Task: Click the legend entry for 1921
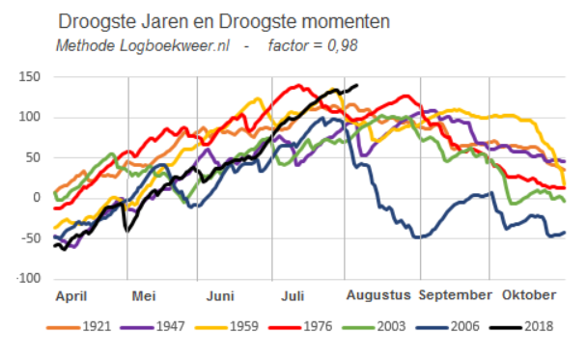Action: coord(79,326)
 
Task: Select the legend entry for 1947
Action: coord(153,326)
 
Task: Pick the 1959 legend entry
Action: coord(227,326)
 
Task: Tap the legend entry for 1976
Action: coord(300,326)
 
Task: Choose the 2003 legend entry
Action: coord(375,326)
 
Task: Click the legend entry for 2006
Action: coord(448,326)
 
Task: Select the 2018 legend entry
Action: coord(521,326)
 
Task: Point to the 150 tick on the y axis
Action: coord(30,77)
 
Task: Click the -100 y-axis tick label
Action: coord(28,278)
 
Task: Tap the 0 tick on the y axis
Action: coord(37,198)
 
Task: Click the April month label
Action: coord(71,296)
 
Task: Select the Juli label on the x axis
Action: coord(293,296)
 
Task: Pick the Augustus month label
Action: coord(378,295)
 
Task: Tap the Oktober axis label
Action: coord(529,295)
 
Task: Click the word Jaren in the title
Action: coord(164,21)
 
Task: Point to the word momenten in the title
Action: coord(346,21)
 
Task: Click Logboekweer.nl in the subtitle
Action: coord(175,46)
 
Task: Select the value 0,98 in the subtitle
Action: coord(343,45)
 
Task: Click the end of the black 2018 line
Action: coord(357,85)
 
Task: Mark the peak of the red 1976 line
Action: coord(298,86)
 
